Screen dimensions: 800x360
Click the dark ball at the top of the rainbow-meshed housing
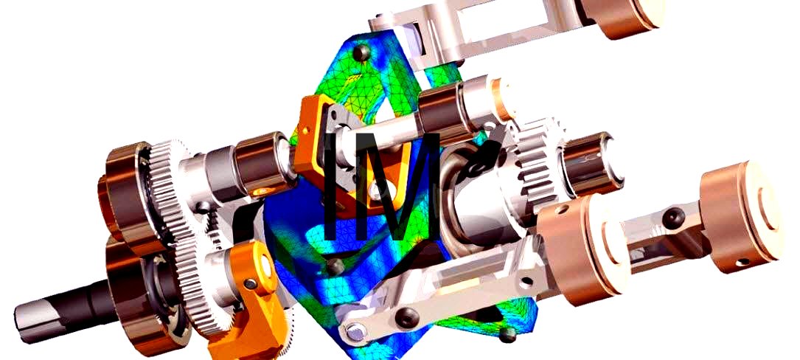(361, 52)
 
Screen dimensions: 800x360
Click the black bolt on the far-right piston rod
(673, 218)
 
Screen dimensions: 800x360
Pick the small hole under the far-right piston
(743, 262)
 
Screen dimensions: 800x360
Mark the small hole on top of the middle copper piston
(561, 210)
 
